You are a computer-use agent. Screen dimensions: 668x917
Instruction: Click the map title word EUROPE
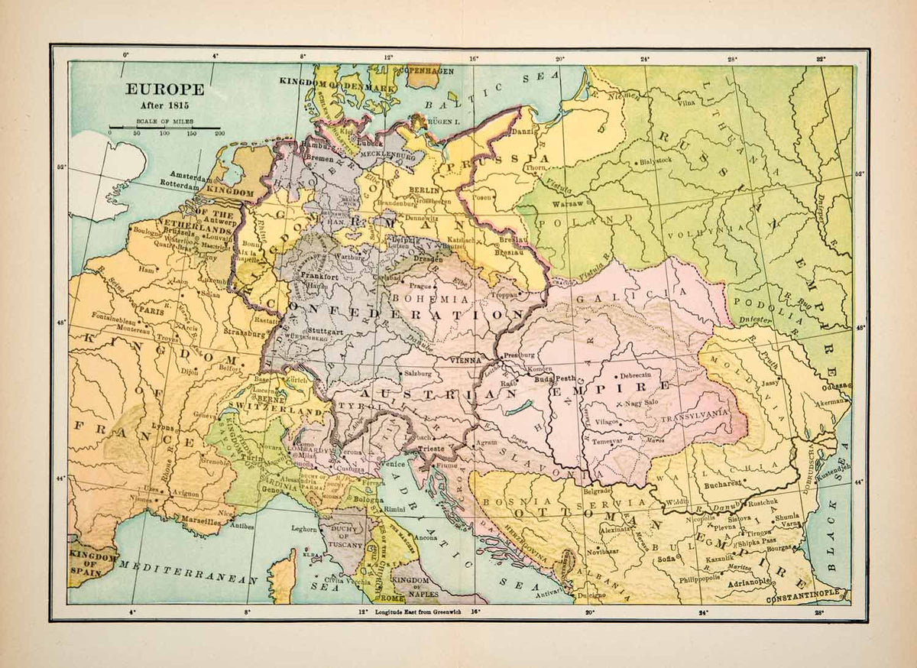pyautogui.click(x=164, y=89)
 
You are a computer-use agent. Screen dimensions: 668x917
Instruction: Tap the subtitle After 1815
pyautogui.click(x=164, y=105)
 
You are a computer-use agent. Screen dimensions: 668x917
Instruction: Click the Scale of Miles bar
pyautogui.click(x=164, y=128)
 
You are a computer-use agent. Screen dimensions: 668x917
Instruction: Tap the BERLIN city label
pyautogui.click(x=424, y=190)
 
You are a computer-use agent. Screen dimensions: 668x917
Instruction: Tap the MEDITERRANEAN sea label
pyautogui.click(x=187, y=572)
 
